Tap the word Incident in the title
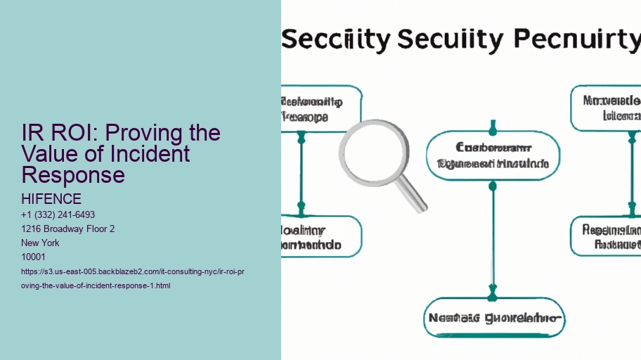(x=155, y=153)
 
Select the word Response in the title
(x=73, y=174)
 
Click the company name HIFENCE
(x=51, y=200)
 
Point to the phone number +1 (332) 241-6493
(x=58, y=214)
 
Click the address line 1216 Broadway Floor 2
(x=68, y=229)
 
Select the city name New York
(x=41, y=243)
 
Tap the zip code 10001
(x=34, y=257)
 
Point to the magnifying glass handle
(x=413, y=196)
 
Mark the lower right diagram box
(x=606, y=237)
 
